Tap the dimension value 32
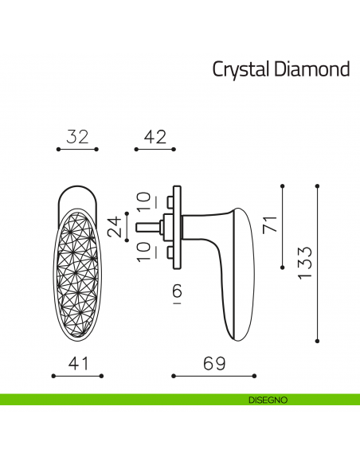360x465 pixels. coord(76,137)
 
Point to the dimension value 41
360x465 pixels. coord(76,364)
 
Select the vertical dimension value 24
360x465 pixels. coord(117,227)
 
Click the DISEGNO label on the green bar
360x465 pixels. coord(262,399)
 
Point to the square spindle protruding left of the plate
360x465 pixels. coord(147,226)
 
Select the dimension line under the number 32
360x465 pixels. coord(76,149)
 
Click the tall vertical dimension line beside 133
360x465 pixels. coord(318,263)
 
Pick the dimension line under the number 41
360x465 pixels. coord(76,375)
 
